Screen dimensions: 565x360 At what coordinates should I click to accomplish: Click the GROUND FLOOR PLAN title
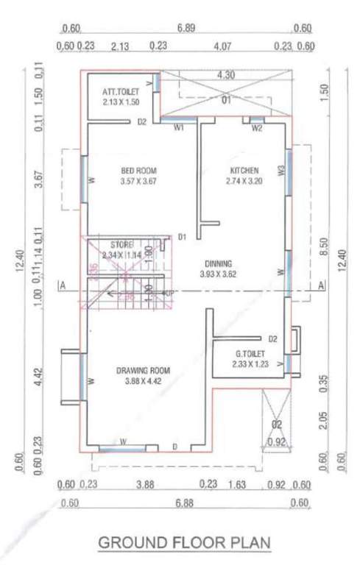[185, 544]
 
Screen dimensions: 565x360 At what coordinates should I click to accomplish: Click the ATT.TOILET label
[121, 91]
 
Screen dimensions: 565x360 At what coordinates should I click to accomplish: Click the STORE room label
[121, 244]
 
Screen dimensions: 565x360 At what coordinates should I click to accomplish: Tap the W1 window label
[178, 128]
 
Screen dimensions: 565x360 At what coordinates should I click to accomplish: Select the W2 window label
[256, 128]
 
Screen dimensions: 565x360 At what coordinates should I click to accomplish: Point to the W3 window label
[280, 171]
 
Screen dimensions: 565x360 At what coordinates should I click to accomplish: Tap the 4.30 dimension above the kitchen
[227, 75]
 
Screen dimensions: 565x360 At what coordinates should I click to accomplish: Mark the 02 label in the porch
[278, 424]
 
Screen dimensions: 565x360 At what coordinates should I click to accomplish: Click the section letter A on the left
[65, 285]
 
